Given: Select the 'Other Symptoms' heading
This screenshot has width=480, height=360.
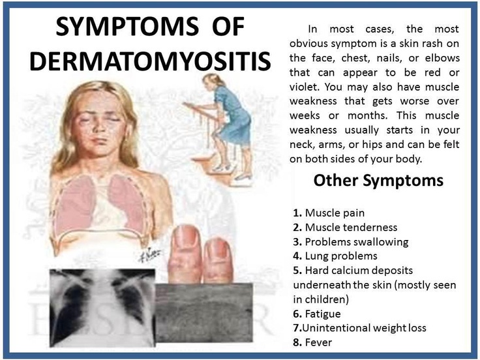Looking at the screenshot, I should coord(378,181).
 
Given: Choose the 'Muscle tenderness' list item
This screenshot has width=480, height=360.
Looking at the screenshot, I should coord(345,228).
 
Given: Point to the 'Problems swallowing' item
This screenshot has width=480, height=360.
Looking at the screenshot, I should coord(351,242).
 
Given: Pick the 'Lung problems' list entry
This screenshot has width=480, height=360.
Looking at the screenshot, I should coord(335,256).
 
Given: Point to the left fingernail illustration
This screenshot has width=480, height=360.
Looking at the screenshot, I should coord(186,240).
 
